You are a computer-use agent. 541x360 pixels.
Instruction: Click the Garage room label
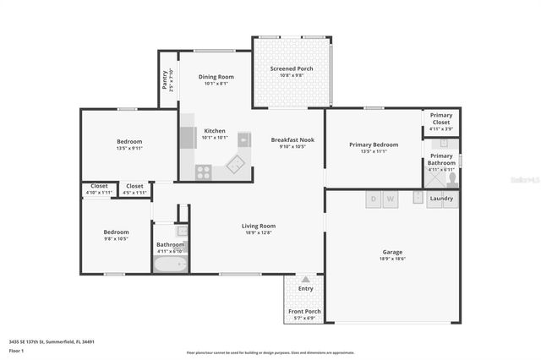point(391,252)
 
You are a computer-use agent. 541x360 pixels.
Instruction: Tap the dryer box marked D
point(373,199)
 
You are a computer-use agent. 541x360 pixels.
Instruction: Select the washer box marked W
point(391,199)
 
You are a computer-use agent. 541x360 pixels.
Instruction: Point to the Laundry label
point(441,199)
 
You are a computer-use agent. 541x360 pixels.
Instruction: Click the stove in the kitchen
point(204,172)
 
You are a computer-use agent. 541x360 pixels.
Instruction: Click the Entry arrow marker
point(305,279)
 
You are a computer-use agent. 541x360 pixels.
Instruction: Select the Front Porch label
point(304,311)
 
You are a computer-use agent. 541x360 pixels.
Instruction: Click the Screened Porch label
point(292,68)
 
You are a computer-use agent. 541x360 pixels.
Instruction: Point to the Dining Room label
point(216,77)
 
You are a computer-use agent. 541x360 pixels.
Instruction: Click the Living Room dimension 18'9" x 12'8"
point(259,233)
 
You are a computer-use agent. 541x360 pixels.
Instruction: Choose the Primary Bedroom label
point(373,145)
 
